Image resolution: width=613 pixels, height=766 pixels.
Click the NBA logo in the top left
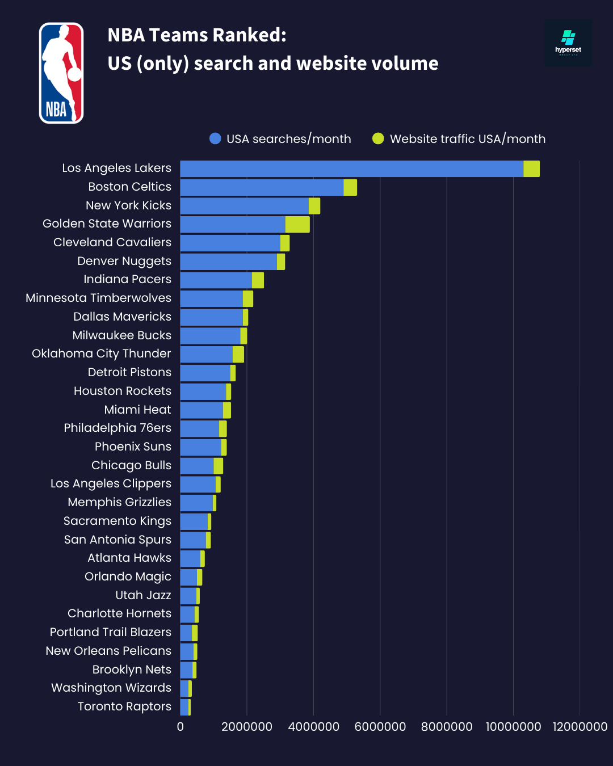(61, 73)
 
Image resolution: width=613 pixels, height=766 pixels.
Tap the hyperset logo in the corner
(568, 43)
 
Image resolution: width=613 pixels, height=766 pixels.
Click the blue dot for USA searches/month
(215, 138)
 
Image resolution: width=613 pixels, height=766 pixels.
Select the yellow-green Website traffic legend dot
(378, 138)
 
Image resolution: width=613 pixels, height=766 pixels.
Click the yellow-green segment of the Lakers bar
(531, 169)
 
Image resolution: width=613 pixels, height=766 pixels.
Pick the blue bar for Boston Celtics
(262, 187)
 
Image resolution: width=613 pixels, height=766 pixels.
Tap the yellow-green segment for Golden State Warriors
(297, 224)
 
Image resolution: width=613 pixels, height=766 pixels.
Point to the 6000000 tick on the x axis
(380, 727)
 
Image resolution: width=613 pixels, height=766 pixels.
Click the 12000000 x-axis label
(580, 727)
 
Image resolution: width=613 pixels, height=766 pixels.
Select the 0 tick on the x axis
(180, 727)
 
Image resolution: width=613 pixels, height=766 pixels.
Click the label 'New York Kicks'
(128, 205)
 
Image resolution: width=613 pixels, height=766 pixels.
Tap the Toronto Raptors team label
(124, 706)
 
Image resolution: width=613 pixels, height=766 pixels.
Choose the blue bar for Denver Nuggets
(229, 262)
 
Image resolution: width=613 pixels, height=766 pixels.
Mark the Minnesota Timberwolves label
(98, 298)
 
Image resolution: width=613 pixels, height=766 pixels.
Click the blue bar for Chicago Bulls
(197, 466)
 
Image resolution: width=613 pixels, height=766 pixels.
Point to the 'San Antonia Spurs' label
(117, 540)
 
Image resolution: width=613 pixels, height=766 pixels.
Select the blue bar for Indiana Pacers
(216, 280)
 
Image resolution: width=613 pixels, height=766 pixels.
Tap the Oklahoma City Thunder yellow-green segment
(238, 354)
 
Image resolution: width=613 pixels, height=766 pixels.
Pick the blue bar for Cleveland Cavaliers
(230, 243)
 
